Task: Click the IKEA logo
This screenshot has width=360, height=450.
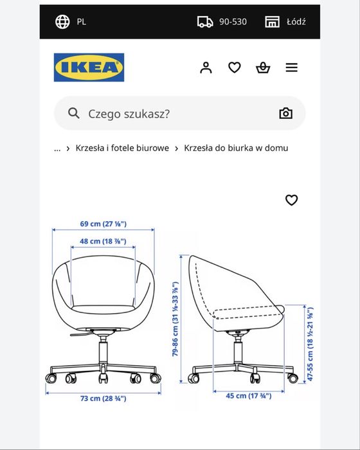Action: [x=89, y=67]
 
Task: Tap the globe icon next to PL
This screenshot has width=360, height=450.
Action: [x=63, y=21]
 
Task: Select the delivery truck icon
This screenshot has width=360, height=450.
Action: [x=205, y=21]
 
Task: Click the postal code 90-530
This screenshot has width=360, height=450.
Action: [x=233, y=21]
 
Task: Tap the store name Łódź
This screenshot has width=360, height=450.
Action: [x=296, y=21]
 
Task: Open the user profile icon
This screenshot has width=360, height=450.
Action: [x=206, y=67]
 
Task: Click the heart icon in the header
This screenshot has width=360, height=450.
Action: [x=235, y=67]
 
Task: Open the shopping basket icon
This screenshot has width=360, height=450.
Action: [x=263, y=67]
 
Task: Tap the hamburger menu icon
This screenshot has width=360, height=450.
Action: [x=292, y=67]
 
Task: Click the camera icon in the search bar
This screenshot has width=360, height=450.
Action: [x=285, y=114]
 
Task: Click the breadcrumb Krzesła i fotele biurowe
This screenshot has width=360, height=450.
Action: [x=122, y=148]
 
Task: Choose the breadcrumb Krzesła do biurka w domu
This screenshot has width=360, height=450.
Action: [x=236, y=148]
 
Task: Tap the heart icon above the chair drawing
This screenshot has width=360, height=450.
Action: [x=291, y=200]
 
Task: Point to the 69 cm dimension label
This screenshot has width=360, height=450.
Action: [x=103, y=224]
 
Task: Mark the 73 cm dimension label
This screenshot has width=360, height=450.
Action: [x=103, y=399]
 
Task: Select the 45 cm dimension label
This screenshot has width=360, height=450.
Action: [x=248, y=395]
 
